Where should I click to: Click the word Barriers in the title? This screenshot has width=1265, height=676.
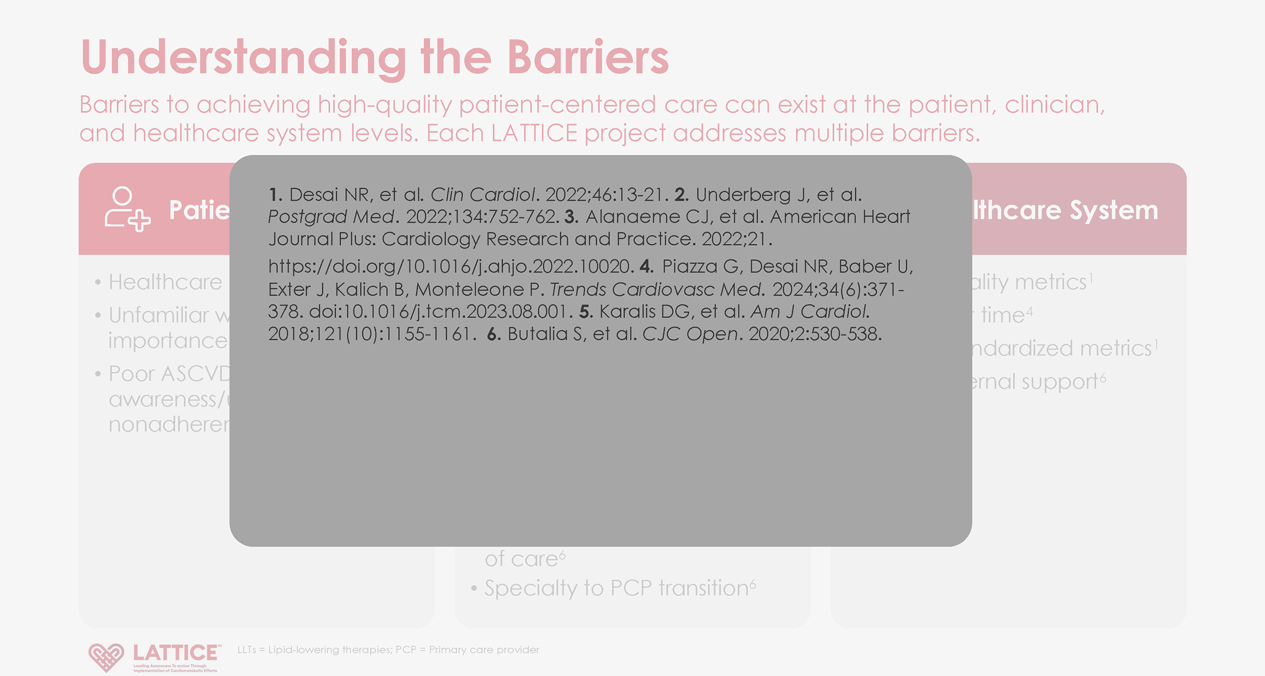point(588,58)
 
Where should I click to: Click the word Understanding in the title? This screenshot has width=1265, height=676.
point(243,58)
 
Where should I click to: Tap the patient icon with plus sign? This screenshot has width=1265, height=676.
point(127,209)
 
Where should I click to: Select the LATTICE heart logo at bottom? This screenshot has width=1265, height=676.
point(106,657)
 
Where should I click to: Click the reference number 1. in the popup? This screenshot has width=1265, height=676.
point(275,195)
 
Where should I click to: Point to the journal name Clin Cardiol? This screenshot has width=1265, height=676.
point(483,195)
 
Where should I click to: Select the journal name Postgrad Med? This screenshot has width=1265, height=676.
point(332,217)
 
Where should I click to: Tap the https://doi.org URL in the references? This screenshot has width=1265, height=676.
point(449,266)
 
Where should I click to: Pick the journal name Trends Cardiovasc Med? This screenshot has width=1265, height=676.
point(656,289)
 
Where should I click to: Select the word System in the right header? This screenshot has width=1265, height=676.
point(1113,210)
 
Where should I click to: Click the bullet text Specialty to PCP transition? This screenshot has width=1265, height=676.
point(616,588)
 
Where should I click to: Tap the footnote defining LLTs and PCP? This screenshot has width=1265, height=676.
point(388,650)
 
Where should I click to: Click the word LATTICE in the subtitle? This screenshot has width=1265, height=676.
point(534,133)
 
